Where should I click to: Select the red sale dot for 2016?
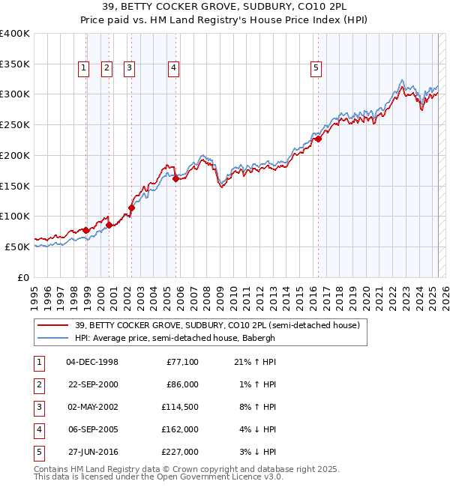pos(318,139)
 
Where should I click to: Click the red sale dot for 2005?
pos(175,178)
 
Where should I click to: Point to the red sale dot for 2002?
pos(131,208)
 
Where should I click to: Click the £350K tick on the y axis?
pos(15,64)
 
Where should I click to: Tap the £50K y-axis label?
pos(18,246)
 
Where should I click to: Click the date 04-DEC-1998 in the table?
pos(92,363)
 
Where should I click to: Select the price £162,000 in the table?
pos(182,430)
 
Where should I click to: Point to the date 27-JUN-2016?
pos(92,453)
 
